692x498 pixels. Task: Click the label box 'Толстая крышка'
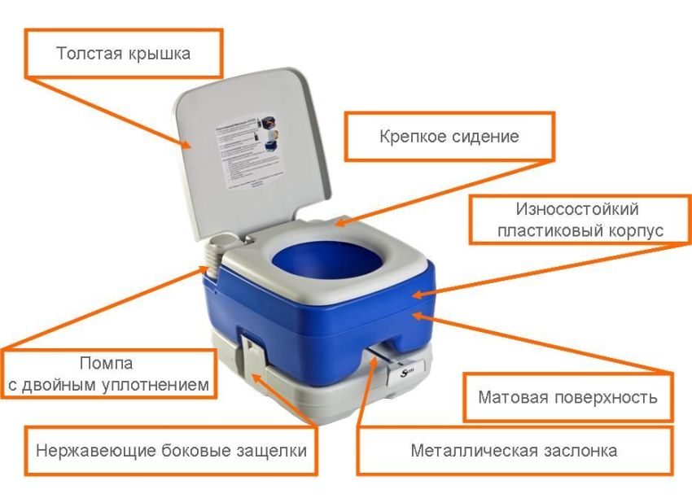[x=124, y=54]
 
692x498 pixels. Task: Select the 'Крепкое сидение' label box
[x=449, y=136]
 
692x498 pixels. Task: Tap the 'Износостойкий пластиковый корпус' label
[x=580, y=219]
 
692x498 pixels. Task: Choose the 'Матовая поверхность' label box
[x=567, y=398]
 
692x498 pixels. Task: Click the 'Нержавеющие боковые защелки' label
[x=171, y=450]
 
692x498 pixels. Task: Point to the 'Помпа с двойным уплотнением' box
[x=109, y=373]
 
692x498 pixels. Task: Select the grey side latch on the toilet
[x=253, y=358]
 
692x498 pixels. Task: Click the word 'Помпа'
[x=107, y=362]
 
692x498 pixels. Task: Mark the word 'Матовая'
[x=512, y=398]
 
